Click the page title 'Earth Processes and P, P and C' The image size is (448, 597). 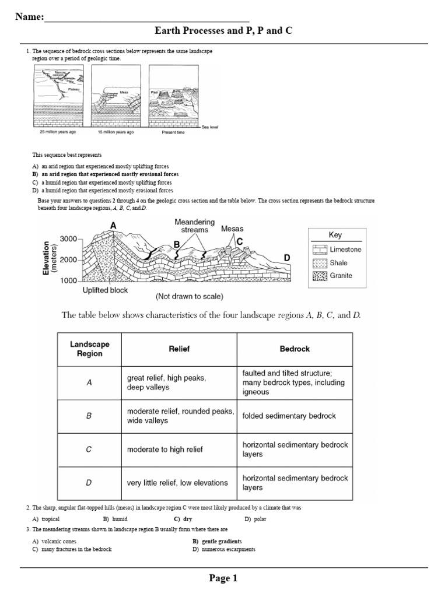point(223,30)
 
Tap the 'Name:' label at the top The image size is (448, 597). point(29,17)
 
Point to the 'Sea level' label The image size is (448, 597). point(209,127)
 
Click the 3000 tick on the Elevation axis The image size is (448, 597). point(68,239)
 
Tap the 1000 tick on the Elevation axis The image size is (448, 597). point(68,280)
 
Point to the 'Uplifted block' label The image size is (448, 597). point(105,290)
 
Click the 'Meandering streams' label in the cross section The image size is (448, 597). point(194,226)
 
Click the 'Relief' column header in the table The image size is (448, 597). point(179,349)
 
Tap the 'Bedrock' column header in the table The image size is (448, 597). point(295,349)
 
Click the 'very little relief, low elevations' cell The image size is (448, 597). point(177,483)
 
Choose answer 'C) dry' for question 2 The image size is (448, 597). point(183,519)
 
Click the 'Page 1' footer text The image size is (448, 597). point(223,578)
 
